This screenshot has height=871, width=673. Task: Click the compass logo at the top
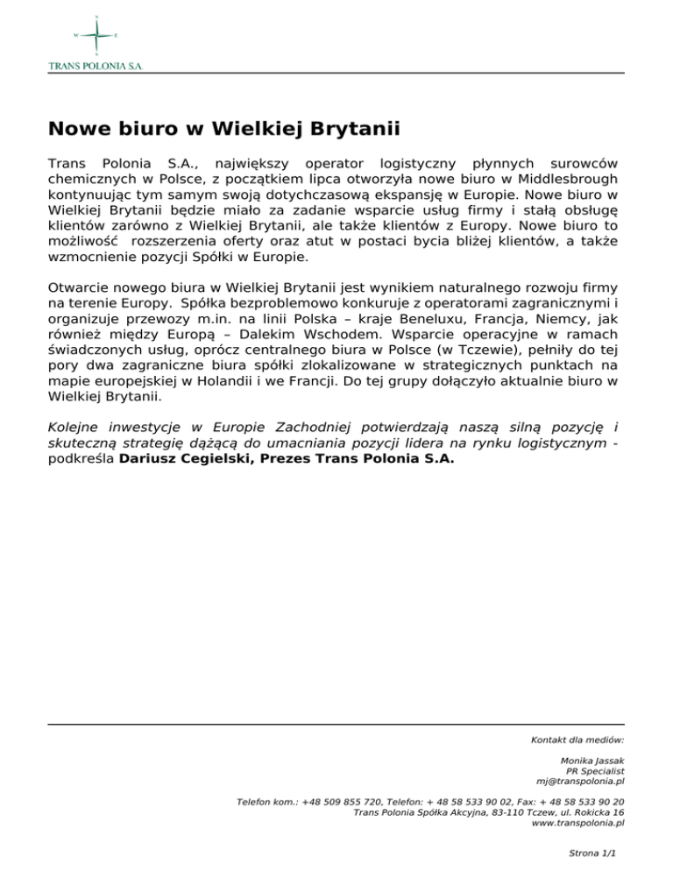click(95, 35)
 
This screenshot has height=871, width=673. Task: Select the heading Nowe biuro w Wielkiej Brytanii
click(224, 131)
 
